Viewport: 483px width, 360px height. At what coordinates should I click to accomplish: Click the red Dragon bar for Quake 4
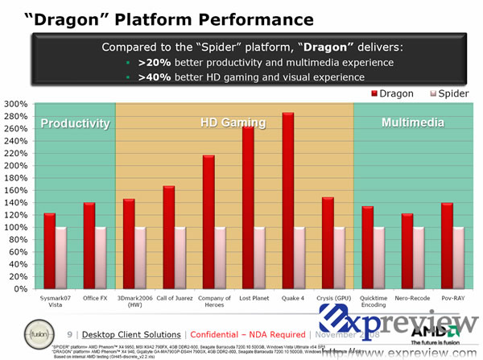287,201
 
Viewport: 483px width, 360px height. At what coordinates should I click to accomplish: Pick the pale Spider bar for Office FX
101,258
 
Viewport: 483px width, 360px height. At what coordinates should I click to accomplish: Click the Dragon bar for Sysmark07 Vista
50,250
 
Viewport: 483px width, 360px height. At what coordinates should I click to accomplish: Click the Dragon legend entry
394,93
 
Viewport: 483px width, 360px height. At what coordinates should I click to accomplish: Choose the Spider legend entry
447,93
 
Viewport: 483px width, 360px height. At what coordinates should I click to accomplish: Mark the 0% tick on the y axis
18,288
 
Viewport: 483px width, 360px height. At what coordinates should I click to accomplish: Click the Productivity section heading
75,123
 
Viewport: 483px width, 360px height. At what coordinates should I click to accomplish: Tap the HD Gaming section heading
233,123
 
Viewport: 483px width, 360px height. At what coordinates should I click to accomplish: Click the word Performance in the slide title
242,18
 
